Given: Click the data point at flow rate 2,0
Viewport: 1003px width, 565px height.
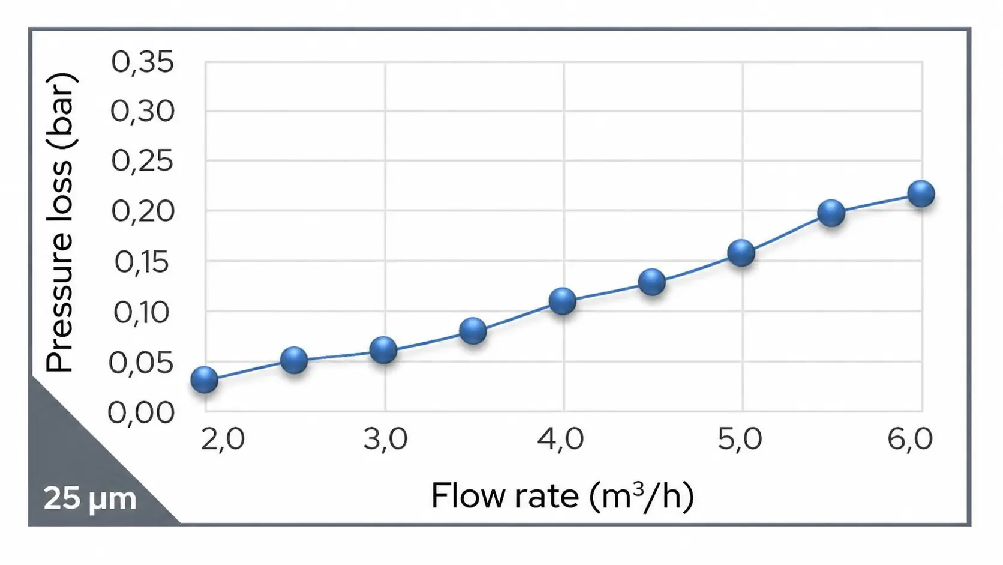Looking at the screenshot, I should (204, 379).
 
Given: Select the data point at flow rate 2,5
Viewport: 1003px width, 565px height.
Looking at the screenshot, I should (294, 360).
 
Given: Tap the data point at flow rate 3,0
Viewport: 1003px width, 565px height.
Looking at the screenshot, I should (383, 349).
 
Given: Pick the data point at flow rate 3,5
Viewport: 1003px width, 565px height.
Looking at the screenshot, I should (473, 331).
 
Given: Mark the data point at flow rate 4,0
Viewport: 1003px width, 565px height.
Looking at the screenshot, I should (563, 301).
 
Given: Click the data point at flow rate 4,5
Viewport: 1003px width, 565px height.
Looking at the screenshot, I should (652, 282).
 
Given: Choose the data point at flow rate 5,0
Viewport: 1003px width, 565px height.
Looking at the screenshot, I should (741, 253).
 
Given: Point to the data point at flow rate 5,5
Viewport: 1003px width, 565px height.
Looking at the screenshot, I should (831, 213).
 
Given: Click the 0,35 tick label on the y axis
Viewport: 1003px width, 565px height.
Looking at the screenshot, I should (143, 62).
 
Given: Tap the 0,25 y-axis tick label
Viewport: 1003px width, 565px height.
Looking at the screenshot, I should (143, 162).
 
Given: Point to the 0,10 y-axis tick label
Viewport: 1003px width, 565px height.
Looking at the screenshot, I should (143, 313).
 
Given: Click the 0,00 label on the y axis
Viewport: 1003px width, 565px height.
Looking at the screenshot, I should (142, 413).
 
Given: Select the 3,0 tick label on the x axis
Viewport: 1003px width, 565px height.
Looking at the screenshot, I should (385, 439).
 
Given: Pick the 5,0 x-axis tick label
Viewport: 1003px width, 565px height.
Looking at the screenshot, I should (740, 439).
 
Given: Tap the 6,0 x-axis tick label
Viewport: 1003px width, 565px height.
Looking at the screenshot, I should (910, 439).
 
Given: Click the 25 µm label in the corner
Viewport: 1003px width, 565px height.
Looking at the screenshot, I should (90, 498).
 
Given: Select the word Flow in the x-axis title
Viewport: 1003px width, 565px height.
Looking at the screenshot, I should (462, 496).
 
